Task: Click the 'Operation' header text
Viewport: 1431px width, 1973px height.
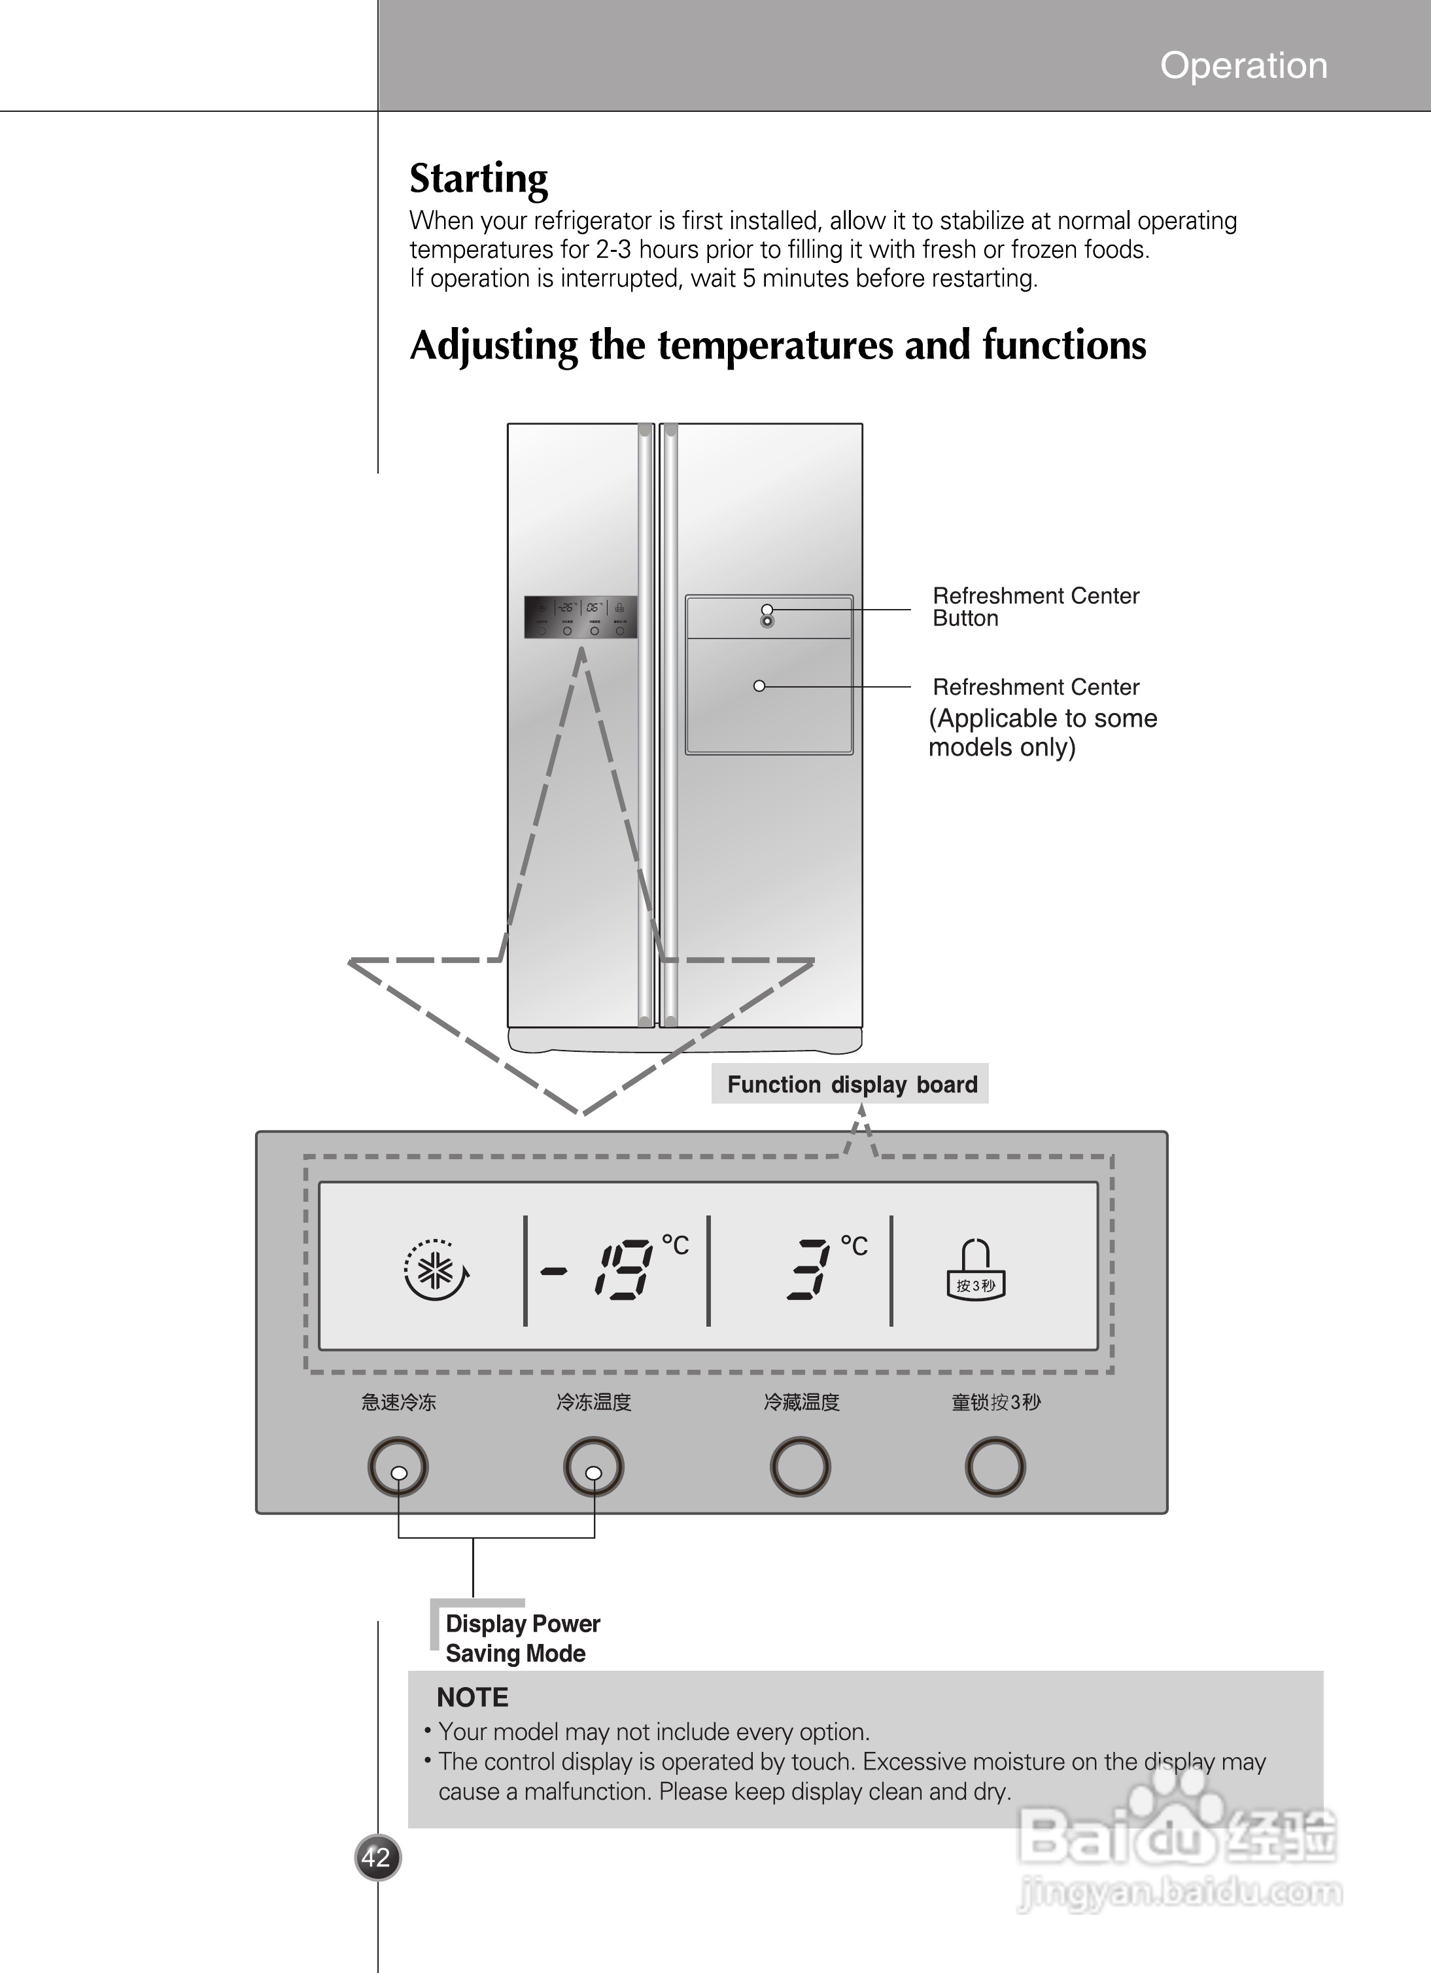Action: (x=1243, y=66)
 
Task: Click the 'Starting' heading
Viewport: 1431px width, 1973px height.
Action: (x=479, y=179)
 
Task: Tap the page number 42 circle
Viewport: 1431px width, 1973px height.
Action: (x=377, y=1857)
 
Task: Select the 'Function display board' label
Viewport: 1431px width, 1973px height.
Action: (x=851, y=1084)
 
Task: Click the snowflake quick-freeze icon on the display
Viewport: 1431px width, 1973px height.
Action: (x=436, y=1270)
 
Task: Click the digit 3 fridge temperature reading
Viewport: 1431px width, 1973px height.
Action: (x=807, y=1270)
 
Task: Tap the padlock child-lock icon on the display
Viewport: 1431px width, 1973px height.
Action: (x=975, y=1270)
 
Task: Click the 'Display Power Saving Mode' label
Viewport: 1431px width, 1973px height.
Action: (x=522, y=1638)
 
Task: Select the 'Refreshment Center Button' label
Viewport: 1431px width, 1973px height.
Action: (x=1035, y=606)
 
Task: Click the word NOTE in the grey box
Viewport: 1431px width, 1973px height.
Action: (x=472, y=1697)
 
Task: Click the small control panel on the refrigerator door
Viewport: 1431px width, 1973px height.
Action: (x=580, y=617)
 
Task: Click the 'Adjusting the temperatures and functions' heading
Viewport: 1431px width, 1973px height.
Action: (x=778, y=345)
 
